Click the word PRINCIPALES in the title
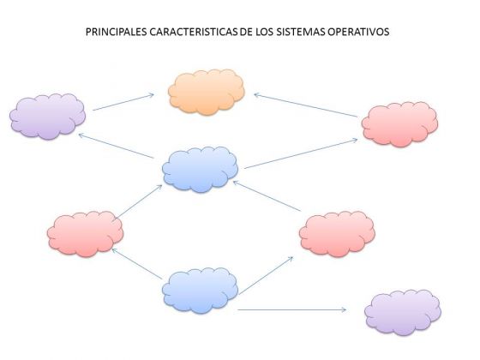click(117, 32)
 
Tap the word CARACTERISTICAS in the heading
click(194, 32)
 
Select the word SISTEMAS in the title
click(301, 32)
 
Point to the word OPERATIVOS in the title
click(358, 32)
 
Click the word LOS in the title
click(265, 32)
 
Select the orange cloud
click(207, 93)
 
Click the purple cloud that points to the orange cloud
click(47, 117)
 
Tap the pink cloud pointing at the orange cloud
click(399, 124)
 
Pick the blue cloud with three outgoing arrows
click(200, 291)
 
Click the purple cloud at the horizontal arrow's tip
click(403, 312)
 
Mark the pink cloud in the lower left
click(85, 234)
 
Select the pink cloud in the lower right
click(337, 234)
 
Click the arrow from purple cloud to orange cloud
click(123, 102)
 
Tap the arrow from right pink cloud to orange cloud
click(305, 105)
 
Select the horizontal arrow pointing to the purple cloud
click(291, 309)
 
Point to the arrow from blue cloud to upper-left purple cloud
click(116, 146)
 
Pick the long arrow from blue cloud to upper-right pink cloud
click(301, 153)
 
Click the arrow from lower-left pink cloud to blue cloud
click(139, 201)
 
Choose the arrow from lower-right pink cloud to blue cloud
click(267, 196)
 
